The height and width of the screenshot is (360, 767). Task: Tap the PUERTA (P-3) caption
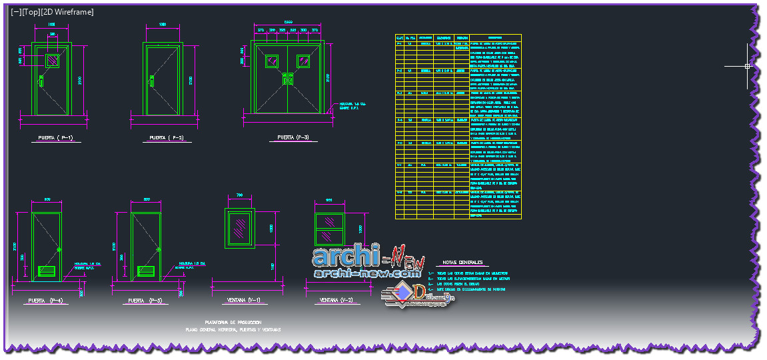click(x=288, y=137)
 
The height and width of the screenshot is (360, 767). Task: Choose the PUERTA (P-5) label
click(x=146, y=301)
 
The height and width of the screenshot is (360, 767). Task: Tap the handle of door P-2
click(x=152, y=81)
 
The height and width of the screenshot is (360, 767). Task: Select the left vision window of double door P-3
click(x=272, y=61)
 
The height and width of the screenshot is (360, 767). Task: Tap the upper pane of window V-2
click(x=329, y=222)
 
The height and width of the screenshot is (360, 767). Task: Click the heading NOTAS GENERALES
click(x=458, y=263)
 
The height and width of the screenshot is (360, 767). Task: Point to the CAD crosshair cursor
click(x=747, y=66)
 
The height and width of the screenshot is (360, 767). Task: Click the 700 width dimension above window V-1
click(x=240, y=195)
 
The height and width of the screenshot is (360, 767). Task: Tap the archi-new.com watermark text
click(x=368, y=273)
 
